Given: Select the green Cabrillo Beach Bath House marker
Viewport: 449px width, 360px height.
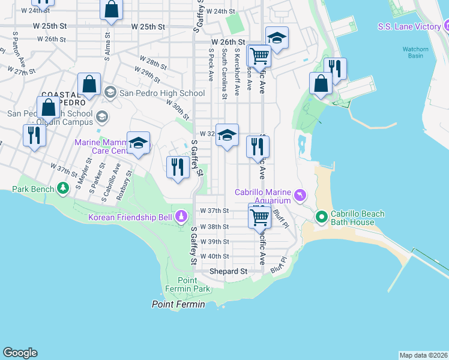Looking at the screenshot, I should (x=321, y=216).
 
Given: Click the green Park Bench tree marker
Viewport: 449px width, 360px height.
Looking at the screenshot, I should (x=63, y=189).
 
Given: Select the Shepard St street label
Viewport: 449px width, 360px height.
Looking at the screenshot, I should (x=228, y=272).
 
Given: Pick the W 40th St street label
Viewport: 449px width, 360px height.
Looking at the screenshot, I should (x=214, y=256).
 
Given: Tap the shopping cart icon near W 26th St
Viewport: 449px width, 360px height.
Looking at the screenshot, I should (x=259, y=55).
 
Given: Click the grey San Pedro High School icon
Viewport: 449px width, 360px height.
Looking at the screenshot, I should (x=110, y=93).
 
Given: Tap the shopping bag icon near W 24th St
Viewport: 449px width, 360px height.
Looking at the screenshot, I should (x=111, y=10).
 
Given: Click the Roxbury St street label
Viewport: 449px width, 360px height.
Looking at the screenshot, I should (x=125, y=181).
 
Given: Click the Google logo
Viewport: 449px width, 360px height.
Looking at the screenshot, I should (x=20, y=353).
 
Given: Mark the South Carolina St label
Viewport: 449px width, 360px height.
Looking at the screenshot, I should (x=224, y=74).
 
